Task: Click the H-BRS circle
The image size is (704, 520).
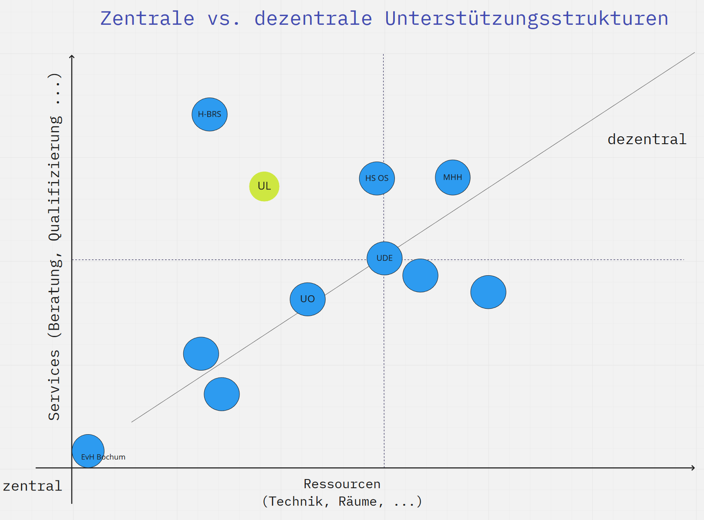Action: click(209, 115)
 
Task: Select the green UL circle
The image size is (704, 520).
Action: click(264, 186)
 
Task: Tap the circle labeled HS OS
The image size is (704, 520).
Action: click(377, 179)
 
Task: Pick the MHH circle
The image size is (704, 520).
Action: click(453, 178)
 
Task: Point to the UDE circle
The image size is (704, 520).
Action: click(384, 258)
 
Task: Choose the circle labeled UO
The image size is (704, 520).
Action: click(307, 299)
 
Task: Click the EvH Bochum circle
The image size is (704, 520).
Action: click(88, 451)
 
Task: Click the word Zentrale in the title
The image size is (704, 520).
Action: click(147, 19)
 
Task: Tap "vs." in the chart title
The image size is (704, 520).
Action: click(224, 19)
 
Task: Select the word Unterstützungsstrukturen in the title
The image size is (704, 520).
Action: click(526, 19)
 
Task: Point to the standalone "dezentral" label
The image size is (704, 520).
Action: click(647, 139)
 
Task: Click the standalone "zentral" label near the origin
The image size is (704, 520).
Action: click(32, 486)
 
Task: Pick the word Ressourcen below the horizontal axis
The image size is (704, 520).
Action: click(342, 484)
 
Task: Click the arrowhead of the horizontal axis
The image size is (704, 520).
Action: click(693, 468)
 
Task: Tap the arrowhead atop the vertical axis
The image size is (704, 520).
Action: click(72, 57)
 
